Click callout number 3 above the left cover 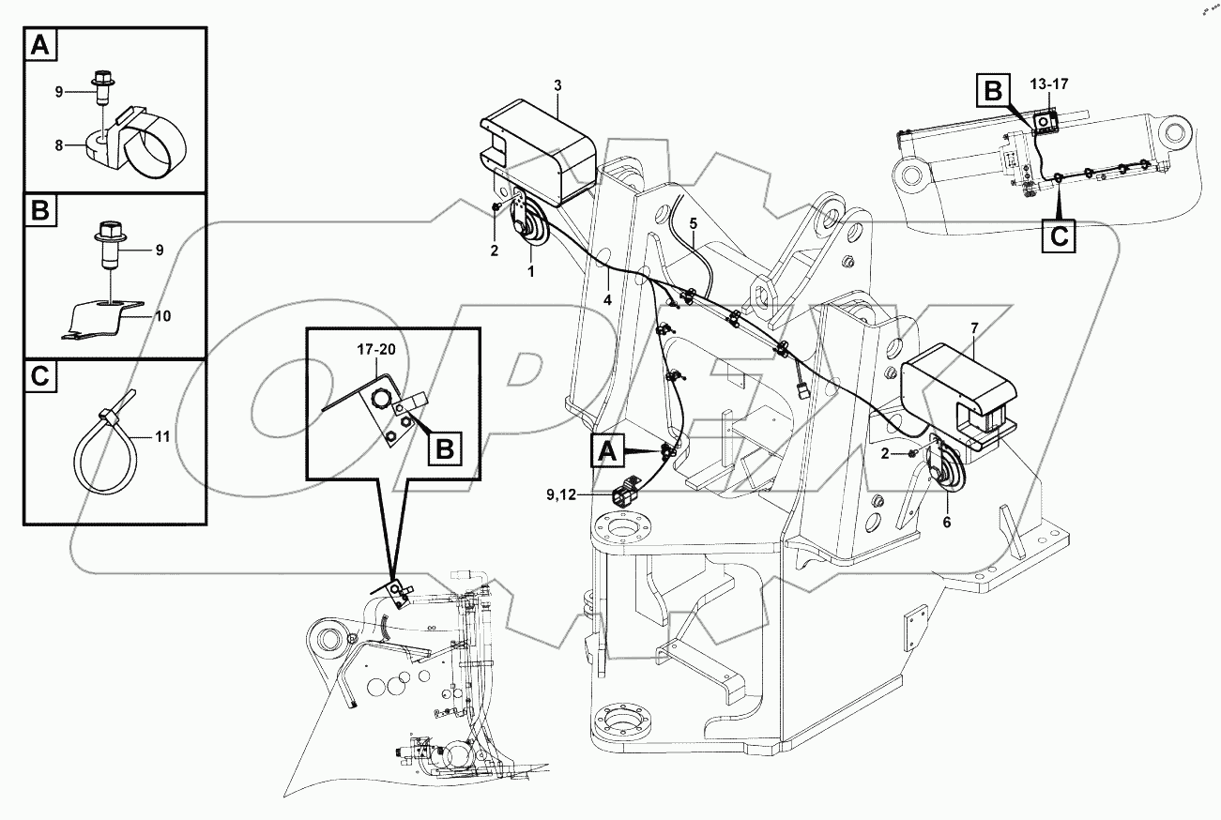pos(557,86)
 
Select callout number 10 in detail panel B pos(162,316)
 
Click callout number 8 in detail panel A pos(58,145)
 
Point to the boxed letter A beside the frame pos(608,453)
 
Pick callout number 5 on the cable pos(694,223)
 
